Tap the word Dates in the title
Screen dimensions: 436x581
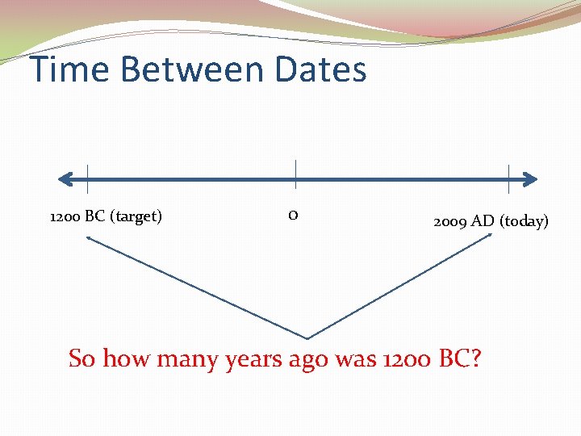tap(320, 69)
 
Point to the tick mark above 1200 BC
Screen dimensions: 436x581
tap(87, 178)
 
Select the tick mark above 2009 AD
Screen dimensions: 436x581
tap(508, 178)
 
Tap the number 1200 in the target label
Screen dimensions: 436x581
tap(65, 216)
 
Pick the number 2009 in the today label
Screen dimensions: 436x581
tap(449, 221)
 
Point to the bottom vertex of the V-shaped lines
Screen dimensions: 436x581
tap(307, 337)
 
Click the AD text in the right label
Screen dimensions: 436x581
tap(482, 221)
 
